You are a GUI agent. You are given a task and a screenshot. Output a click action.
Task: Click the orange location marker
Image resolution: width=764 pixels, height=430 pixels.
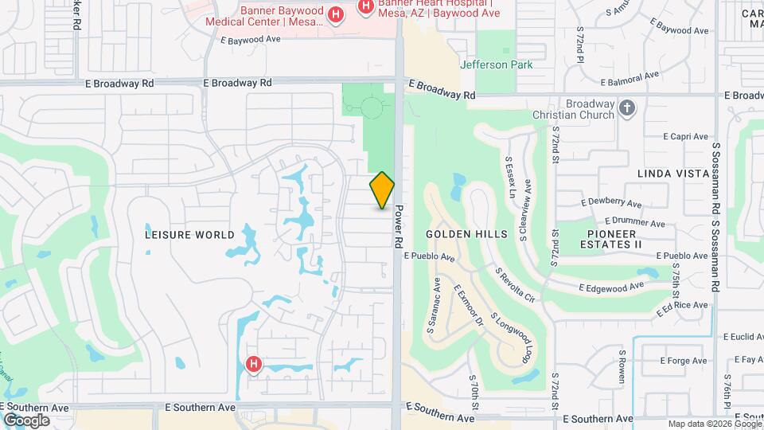[x=383, y=190]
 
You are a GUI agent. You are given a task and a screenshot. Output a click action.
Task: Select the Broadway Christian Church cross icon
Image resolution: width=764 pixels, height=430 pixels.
[x=627, y=108]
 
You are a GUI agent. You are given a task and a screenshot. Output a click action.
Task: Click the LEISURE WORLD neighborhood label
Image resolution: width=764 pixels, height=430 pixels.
[x=190, y=235]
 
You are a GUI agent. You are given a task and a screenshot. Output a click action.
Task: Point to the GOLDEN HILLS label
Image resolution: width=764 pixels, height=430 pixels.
[x=466, y=234]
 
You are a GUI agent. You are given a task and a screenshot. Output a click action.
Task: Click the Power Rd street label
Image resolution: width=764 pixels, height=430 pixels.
[x=400, y=226]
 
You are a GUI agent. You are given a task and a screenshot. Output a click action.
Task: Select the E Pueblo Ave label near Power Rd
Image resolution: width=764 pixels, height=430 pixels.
[x=429, y=257]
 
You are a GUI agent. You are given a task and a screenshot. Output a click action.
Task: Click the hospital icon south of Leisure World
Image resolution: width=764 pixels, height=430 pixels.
[x=254, y=365]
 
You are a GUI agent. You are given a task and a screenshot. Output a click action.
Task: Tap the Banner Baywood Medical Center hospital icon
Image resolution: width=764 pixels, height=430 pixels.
[x=336, y=15]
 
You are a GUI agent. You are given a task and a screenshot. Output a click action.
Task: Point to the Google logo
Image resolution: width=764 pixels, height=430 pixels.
[x=26, y=420]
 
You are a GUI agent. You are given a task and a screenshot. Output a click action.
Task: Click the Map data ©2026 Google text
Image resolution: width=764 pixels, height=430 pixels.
[x=714, y=424]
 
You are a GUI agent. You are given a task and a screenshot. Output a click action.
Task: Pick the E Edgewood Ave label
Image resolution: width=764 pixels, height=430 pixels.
[x=611, y=287]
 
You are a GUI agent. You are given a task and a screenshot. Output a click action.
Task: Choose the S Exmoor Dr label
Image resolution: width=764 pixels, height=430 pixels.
[x=469, y=307]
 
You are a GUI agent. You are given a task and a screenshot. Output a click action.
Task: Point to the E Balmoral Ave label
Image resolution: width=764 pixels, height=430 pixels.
[x=631, y=79]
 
